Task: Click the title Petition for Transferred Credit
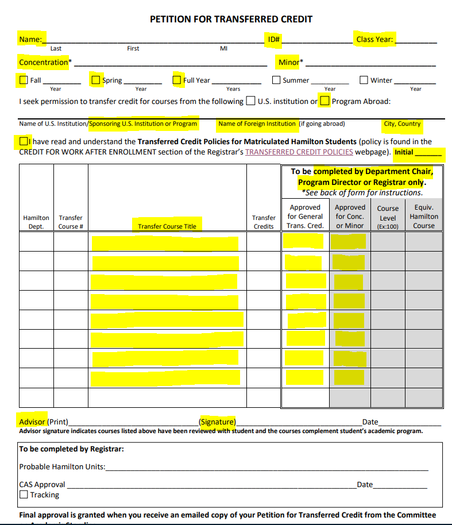pos(231,19)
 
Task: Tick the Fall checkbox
pos(24,80)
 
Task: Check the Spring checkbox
pos(96,80)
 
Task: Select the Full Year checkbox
pos(177,80)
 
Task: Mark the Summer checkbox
pos(276,80)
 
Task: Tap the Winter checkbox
pos(364,80)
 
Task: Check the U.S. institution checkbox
pos(251,102)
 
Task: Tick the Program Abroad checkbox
pos(325,102)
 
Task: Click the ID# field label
pos(273,40)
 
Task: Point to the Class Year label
pos(374,40)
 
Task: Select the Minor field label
pos(290,62)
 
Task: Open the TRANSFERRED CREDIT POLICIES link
pos(299,152)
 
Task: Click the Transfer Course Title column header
pos(167,226)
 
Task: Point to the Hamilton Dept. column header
pos(36,222)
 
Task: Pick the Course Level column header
pos(388,217)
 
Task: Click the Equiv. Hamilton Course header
pos(423,217)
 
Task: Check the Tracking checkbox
pos(24,495)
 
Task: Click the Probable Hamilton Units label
pos(62,467)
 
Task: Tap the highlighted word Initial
pos(404,152)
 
